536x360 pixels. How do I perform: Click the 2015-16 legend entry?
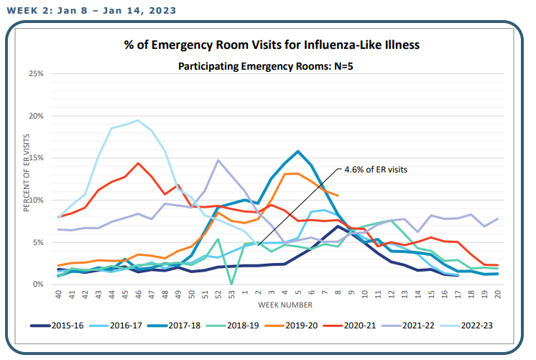[x=57, y=326]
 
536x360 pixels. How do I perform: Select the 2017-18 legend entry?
[x=174, y=326]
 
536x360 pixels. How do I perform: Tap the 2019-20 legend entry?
[x=291, y=326]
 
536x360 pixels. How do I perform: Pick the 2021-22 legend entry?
[x=408, y=326]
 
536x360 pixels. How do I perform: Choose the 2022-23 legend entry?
[x=466, y=326]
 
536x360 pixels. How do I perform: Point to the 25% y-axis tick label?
[x=36, y=73]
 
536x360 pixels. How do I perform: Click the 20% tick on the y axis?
[x=36, y=116]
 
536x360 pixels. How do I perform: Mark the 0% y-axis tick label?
[x=38, y=284]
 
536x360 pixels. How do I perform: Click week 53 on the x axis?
[x=231, y=294]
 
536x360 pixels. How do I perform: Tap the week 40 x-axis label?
[x=58, y=294]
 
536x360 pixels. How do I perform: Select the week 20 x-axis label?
[x=498, y=294]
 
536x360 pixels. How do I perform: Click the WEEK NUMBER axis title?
[x=285, y=305]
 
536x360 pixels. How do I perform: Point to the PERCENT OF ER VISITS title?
[x=27, y=172]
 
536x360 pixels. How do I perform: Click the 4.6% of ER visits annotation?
[x=376, y=170]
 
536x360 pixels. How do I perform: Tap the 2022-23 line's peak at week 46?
[x=138, y=120]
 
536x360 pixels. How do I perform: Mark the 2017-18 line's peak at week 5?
[x=298, y=151]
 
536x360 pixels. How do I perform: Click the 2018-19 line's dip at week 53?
[x=231, y=284]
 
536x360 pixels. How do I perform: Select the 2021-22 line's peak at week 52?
[x=218, y=160]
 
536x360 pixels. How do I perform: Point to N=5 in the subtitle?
[x=343, y=66]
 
